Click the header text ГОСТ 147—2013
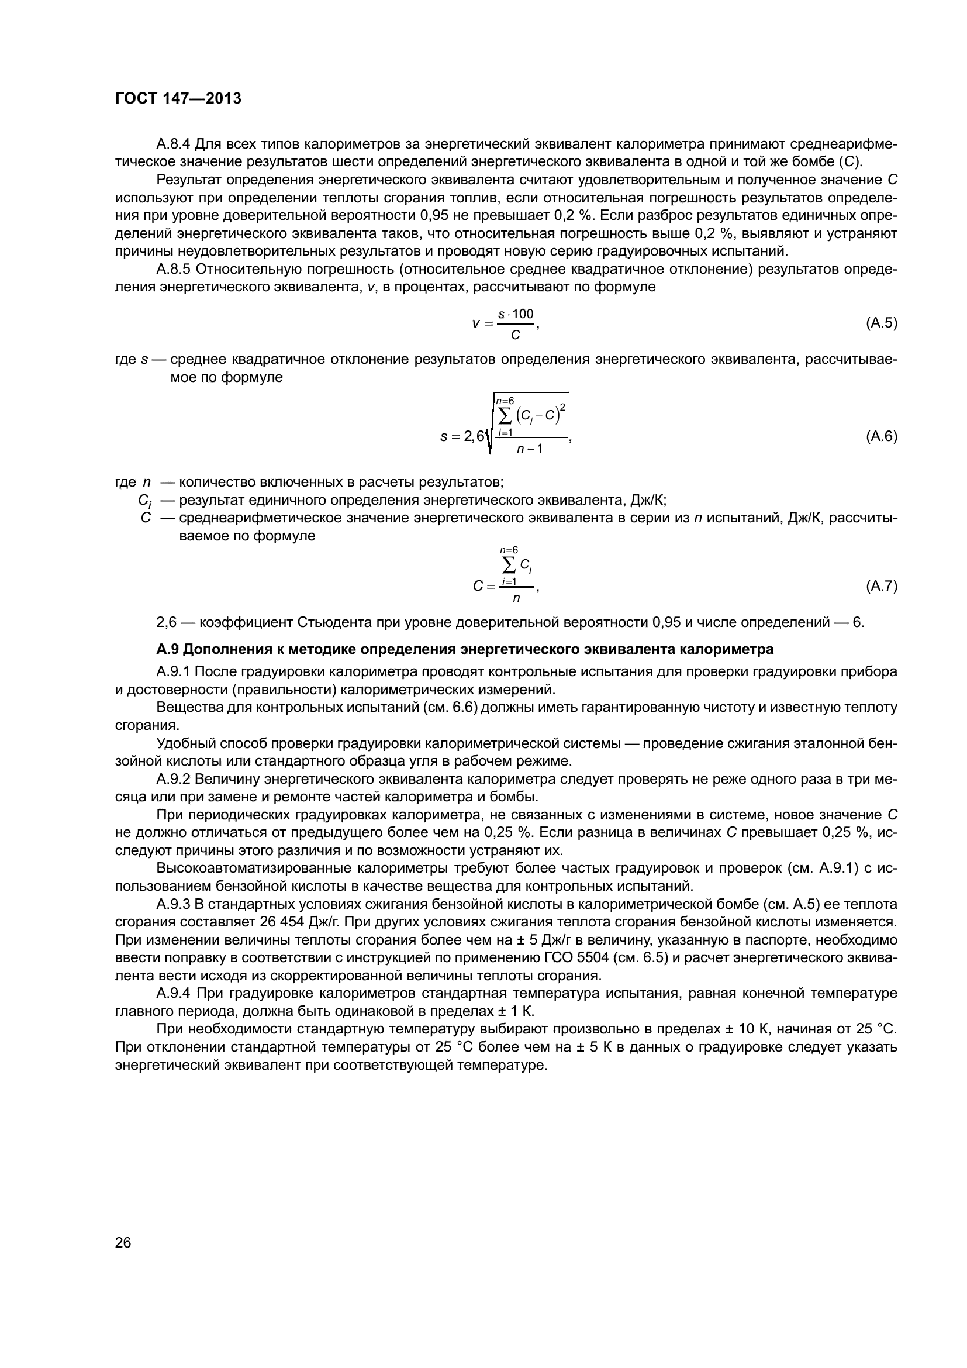click(178, 99)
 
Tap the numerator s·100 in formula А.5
click(516, 314)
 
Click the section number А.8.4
click(173, 144)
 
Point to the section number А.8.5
click(173, 269)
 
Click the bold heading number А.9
click(167, 649)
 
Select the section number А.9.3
click(173, 904)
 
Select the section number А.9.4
click(173, 994)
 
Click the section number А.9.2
click(173, 779)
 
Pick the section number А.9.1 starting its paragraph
click(173, 672)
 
